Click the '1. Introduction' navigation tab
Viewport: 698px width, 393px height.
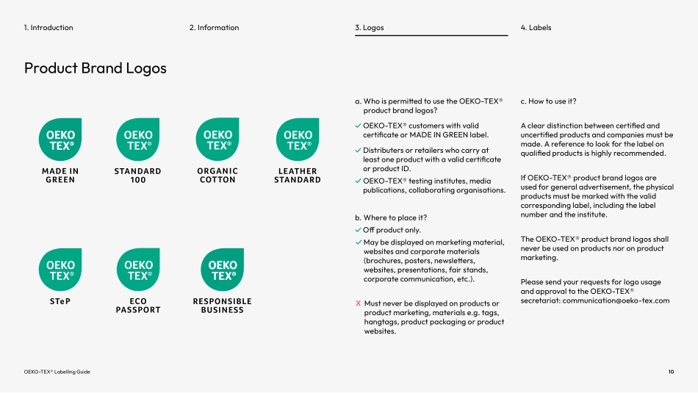(x=48, y=28)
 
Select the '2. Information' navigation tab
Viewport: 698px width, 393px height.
(x=214, y=28)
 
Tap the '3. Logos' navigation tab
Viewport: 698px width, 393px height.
(x=369, y=28)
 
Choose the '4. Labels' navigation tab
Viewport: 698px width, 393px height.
(x=536, y=28)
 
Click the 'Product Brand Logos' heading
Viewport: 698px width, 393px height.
(x=96, y=68)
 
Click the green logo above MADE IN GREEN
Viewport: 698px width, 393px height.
(x=60, y=140)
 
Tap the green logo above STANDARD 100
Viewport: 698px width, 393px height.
(x=138, y=140)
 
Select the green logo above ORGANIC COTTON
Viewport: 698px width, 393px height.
(x=217, y=140)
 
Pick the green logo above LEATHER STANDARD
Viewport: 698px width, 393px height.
(x=297, y=140)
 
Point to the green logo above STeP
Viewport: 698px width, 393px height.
(x=60, y=270)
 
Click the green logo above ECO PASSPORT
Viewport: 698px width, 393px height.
(x=138, y=270)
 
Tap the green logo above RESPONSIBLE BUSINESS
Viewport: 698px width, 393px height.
(x=222, y=270)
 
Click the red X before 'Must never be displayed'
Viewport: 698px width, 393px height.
(x=358, y=303)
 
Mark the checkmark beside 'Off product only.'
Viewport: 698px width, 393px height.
(x=358, y=231)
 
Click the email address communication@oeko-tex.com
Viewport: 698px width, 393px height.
(x=616, y=300)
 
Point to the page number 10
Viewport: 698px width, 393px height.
(x=671, y=372)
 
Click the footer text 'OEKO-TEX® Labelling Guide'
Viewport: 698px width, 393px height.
(x=57, y=372)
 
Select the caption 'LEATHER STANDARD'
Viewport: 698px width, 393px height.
(x=297, y=176)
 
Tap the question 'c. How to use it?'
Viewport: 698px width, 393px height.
(x=548, y=101)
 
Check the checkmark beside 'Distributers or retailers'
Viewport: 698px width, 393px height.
(x=358, y=151)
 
